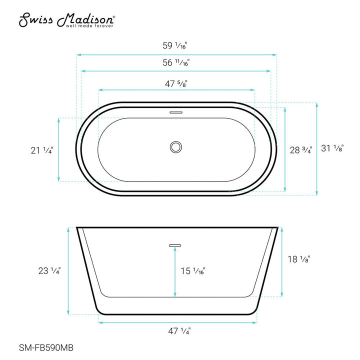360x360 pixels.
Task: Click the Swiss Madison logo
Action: pos(67,19)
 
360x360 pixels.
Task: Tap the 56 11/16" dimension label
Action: pos(177,63)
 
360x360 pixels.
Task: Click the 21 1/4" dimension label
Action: pos(41,149)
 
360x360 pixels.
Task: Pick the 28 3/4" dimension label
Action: pos(301,149)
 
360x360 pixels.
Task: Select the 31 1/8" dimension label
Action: pos(332,148)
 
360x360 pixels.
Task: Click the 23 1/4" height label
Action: pos(49,271)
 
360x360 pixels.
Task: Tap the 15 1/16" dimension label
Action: pos(192,271)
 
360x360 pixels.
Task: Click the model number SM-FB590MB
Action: pos(43,349)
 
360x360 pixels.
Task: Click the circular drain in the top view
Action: pos(175,147)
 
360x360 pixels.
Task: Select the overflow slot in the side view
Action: pos(175,245)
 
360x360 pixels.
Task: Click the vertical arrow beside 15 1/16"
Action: pos(175,272)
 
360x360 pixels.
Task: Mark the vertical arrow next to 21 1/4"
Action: pos(59,149)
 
